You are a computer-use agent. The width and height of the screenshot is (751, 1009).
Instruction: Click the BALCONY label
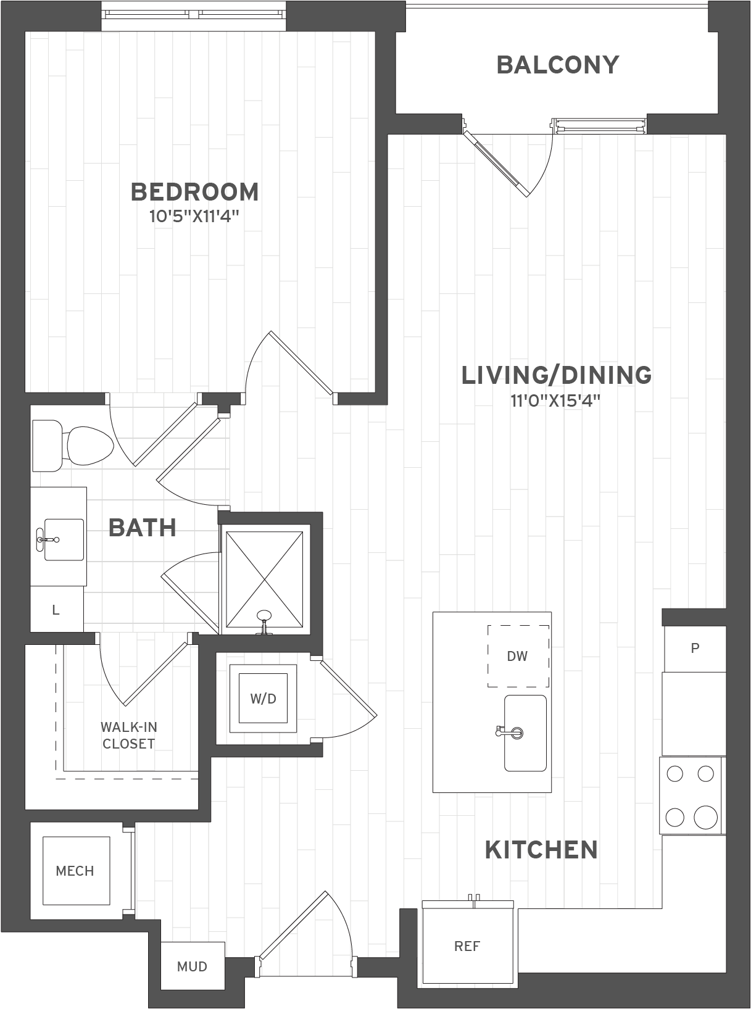(557, 65)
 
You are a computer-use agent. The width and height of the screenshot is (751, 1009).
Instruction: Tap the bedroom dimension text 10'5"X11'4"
(194, 217)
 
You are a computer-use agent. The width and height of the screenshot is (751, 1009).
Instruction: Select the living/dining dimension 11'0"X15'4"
(555, 401)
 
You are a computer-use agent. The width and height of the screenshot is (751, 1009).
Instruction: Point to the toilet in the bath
(74, 444)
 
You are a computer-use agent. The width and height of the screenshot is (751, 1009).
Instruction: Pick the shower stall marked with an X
(265, 581)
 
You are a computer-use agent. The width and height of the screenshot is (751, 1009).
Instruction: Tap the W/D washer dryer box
(263, 698)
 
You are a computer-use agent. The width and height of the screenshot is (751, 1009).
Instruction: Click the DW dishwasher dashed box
(518, 656)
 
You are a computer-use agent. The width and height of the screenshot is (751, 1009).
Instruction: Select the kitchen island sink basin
(526, 733)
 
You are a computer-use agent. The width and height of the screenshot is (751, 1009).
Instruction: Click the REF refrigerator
(467, 945)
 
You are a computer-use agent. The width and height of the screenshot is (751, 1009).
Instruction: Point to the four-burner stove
(691, 795)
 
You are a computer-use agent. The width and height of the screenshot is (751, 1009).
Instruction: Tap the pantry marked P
(695, 649)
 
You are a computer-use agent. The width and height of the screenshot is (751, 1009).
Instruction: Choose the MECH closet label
(75, 871)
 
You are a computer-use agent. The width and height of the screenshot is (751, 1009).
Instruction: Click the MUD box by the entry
(192, 966)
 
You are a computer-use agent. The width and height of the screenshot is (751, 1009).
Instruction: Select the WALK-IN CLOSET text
(128, 735)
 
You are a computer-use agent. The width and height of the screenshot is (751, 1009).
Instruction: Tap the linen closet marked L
(56, 610)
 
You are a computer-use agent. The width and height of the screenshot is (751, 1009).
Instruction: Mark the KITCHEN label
(541, 850)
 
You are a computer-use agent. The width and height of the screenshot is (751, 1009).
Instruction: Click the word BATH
(143, 528)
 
